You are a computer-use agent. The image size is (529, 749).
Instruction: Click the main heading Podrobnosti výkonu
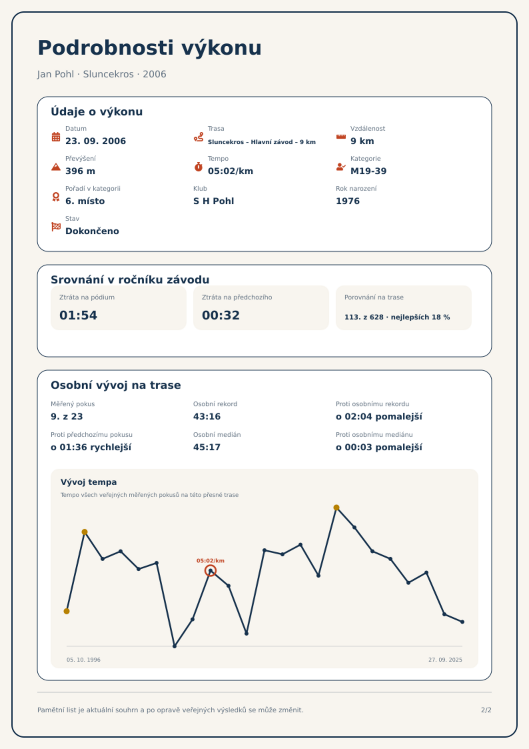point(150,48)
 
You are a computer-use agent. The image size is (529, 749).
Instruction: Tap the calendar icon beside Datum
point(56,137)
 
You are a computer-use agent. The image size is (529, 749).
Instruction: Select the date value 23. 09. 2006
point(96,141)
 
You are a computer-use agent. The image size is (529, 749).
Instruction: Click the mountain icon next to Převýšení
point(56,167)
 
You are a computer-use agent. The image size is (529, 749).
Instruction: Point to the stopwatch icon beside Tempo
point(199,166)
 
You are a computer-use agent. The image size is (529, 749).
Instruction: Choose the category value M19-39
point(368,171)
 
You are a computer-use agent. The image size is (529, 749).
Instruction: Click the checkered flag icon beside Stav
point(56,227)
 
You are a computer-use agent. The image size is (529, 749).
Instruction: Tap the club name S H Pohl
point(214,201)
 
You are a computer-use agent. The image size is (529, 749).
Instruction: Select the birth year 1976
point(348,201)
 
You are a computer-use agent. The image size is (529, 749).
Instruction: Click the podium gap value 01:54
point(78,315)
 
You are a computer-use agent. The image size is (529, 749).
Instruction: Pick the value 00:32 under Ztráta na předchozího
point(221,315)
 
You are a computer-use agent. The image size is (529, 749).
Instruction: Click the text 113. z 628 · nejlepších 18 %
point(397,317)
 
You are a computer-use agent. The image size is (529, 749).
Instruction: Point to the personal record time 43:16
point(207,417)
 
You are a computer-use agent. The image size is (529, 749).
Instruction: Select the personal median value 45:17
point(207,447)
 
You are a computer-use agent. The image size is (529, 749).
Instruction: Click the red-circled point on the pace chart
point(211,571)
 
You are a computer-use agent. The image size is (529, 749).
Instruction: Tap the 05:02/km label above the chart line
point(211,561)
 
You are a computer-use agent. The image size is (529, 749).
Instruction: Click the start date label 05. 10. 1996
point(83,660)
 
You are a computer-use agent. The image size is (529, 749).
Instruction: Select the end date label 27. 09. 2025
point(445,660)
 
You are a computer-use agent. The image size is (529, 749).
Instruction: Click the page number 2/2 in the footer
point(486,710)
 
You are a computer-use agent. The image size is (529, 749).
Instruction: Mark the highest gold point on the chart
point(336,508)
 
